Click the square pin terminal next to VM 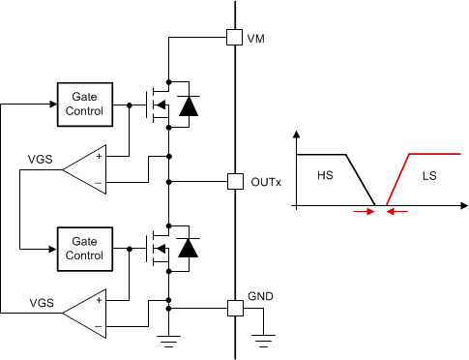[233, 38]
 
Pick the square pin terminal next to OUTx [233, 181]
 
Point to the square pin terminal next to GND [233, 308]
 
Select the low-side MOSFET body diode [190, 249]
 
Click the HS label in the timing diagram [325, 177]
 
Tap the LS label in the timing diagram [429, 177]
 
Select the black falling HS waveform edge [362, 180]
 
